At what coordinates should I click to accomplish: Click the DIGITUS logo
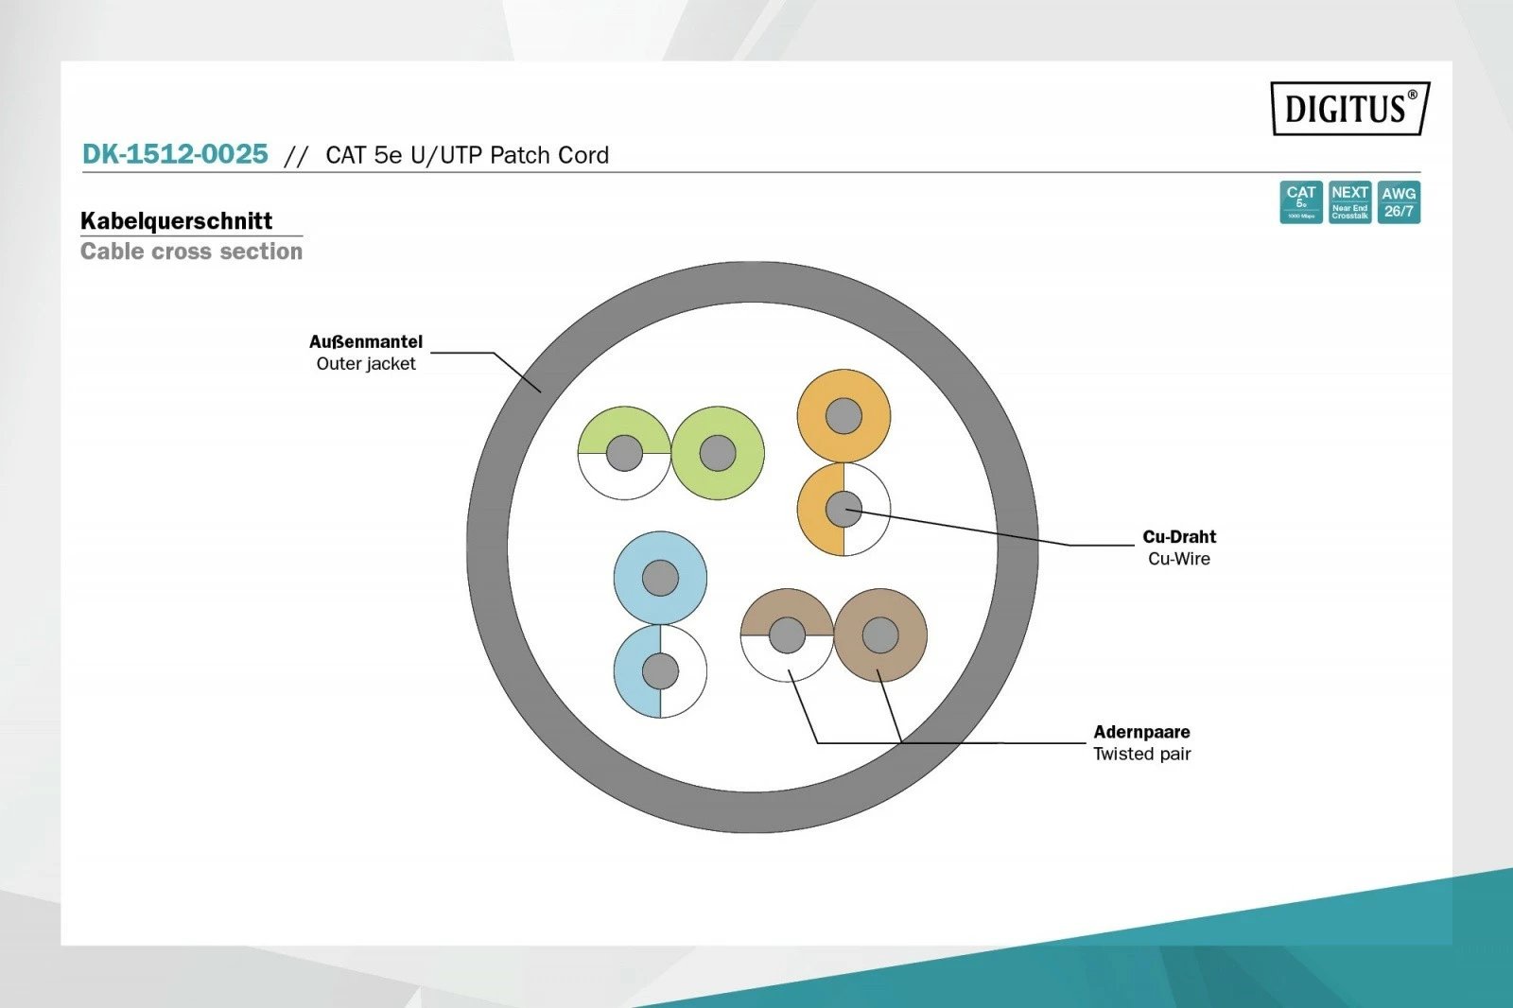[1349, 108]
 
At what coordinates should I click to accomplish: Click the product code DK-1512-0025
[175, 154]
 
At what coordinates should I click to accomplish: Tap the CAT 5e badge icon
[1300, 202]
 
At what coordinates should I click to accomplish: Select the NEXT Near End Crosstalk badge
[1349, 202]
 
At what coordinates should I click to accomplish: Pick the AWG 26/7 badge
[1399, 202]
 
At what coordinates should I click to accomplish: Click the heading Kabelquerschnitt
[176, 221]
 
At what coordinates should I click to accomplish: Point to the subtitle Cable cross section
[191, 252]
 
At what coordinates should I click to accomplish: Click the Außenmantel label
[366, 341]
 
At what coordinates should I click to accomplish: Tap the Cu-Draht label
[1179, 537]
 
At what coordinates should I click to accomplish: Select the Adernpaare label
[1141, 732]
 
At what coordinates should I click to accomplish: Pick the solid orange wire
[843, 390]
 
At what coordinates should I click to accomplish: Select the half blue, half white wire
[634, 671]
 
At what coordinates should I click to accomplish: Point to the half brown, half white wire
[762, 635]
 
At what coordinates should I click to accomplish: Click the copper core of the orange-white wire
[843, 510]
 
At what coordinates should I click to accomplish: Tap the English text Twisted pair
[1141, 754]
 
